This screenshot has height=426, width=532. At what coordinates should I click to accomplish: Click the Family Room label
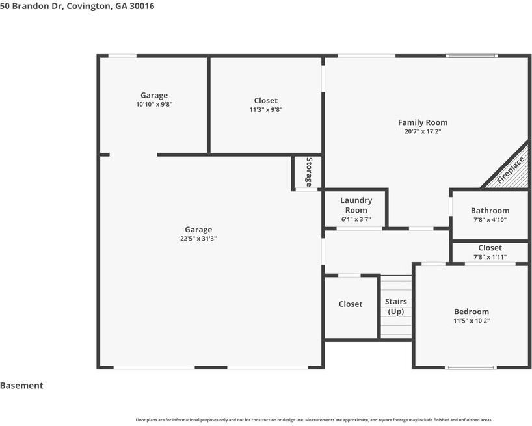(422, 122)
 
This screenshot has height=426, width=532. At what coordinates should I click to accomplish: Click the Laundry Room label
(356, 205)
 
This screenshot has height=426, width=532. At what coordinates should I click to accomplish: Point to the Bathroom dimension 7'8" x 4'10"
(490, 220)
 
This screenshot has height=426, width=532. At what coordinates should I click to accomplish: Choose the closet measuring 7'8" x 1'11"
(490, 252)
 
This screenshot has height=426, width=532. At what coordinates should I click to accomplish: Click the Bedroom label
(471, 312)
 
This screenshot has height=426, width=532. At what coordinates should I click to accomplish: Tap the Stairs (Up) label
(395, 306)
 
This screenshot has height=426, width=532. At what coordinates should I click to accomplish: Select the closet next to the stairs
(351, 304)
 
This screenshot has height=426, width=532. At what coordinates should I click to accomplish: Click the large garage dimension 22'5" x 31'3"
(198, 239)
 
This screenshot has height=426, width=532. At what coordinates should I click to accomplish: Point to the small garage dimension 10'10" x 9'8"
(154, 104)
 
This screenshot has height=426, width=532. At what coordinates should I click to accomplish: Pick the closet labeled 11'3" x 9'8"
(265, 105)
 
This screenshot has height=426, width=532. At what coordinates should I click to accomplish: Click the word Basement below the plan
(21, 386)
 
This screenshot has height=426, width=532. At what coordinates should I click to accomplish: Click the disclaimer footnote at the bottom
(313, 420)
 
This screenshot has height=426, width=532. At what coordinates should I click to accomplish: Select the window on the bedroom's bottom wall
(470, 367)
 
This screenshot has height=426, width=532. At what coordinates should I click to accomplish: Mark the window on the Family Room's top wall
(472, 56)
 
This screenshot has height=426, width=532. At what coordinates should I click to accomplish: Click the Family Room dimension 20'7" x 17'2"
(422, 131)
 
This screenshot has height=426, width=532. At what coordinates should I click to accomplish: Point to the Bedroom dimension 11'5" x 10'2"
(471, 321)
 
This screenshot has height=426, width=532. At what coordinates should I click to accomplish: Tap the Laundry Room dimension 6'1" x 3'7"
(356, 219)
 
